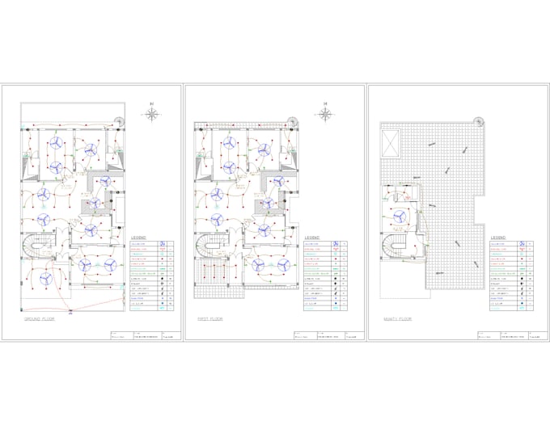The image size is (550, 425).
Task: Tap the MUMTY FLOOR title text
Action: tap(400, 320)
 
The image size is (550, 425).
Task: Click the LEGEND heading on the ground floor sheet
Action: tap(140, 238)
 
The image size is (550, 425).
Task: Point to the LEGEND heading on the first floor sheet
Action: tap(312, 238)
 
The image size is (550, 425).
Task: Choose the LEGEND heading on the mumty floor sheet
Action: tap(498, 238)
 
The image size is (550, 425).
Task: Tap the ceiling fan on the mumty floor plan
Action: tap(402, 216)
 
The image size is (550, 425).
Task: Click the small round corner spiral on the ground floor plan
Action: tap(120, 122)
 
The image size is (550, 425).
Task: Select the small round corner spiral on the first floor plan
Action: tap(292, 122)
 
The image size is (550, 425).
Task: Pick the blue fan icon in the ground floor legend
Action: tap(163, 244)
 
